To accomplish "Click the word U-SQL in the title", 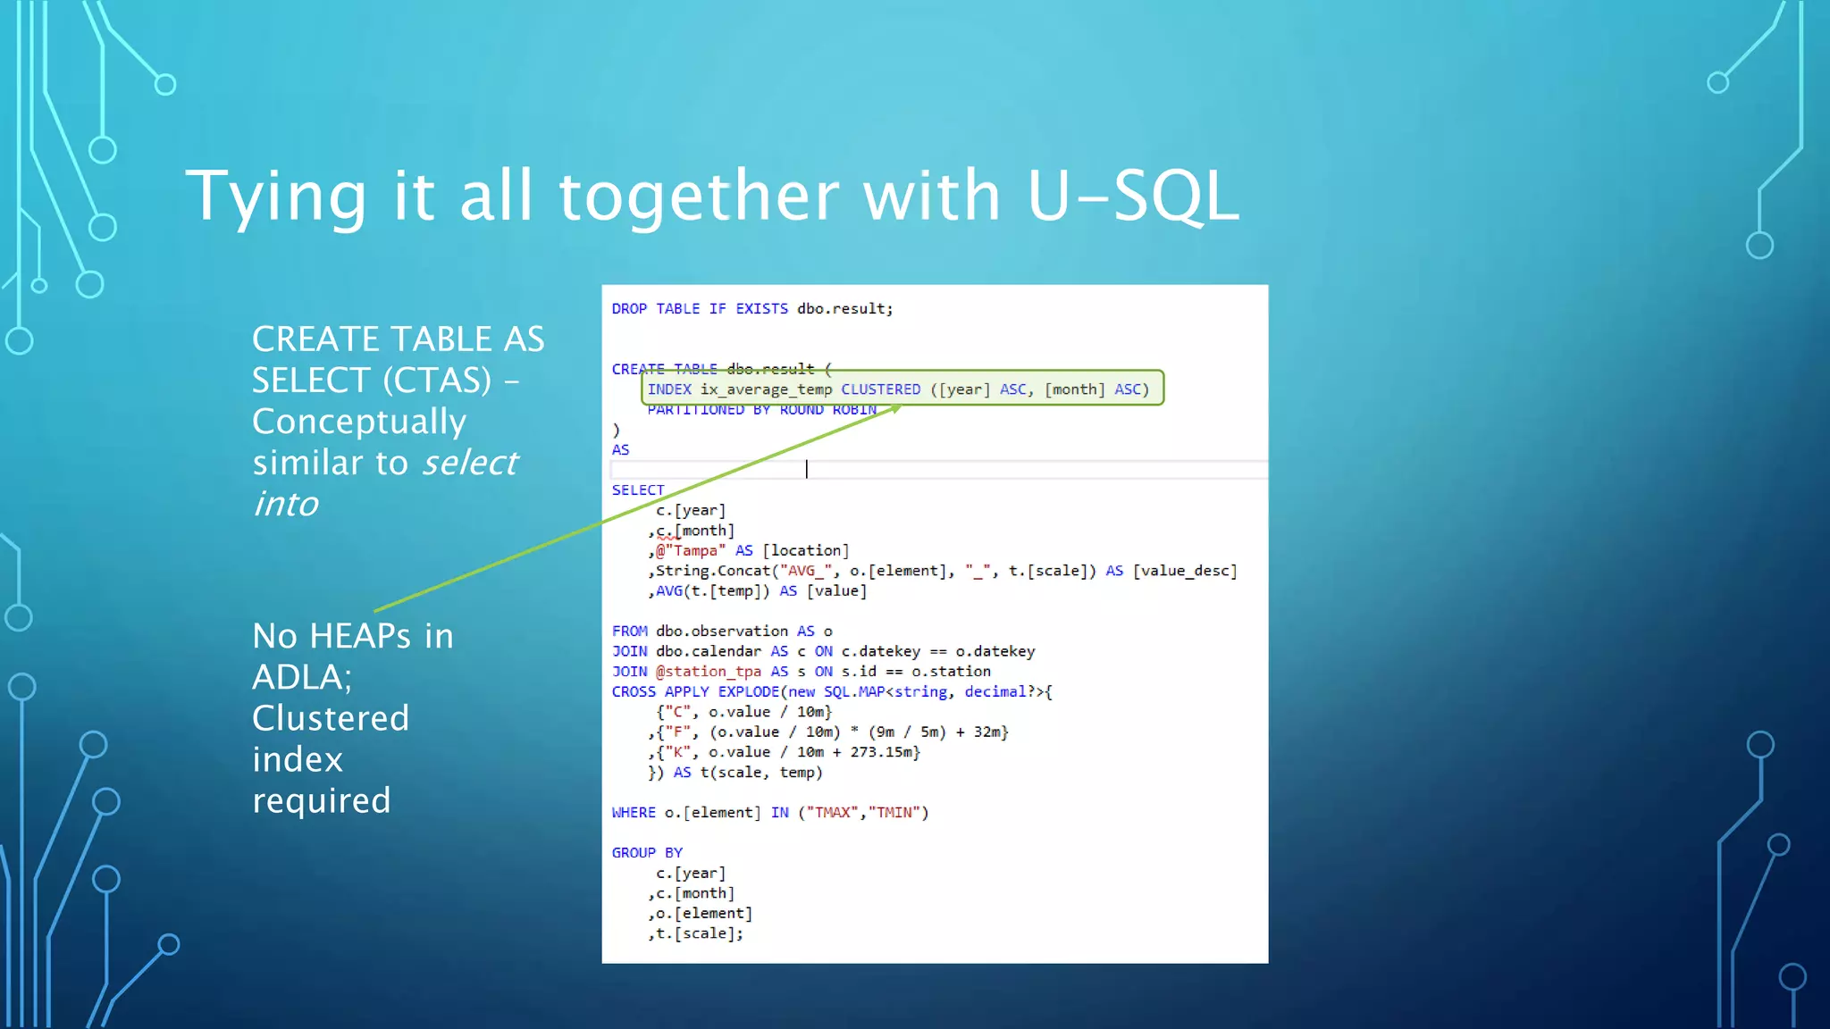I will click(x=1133, y=196).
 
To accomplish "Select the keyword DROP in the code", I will click(x=629, y=309).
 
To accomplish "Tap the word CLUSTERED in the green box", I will click(x=880, y=389).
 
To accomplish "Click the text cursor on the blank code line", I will click(x=807, y=469).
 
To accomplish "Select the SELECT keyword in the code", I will click(x=638, y=490).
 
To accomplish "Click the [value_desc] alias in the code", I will click(x=1185, y=571).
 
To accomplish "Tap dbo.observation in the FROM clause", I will click(x=722, y=632).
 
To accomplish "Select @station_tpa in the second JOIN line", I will click(x=708, y=672).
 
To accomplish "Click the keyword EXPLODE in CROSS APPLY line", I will click(x=749, y=692).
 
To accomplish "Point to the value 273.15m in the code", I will click(x=882, y=752).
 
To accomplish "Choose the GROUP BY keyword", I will click(x=647, y=853).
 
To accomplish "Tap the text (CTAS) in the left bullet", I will click(x=437, y=381).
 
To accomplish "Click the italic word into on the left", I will click(x=286, y=504).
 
